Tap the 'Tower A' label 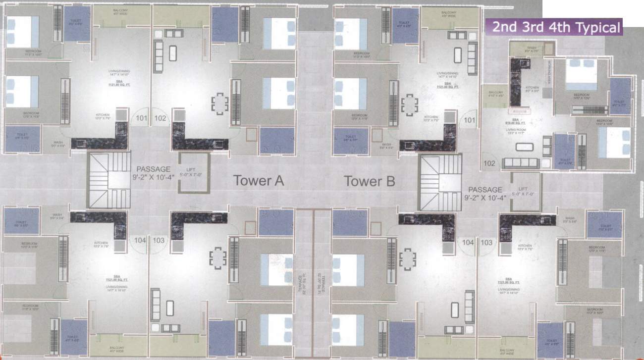pos(258,181)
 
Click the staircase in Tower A pos(107,180)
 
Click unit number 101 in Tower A pos(142,118)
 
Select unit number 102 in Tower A pos(160,118)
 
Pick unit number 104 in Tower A pos(140,240)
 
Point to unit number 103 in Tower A pos(159,240)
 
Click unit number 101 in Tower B pos(469,120)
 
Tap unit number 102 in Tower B pos(489,163)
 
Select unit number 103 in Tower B pos(486,242)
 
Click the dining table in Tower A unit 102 pos(219,103)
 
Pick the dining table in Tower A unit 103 pos(218,258)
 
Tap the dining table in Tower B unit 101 pos(409,104)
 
